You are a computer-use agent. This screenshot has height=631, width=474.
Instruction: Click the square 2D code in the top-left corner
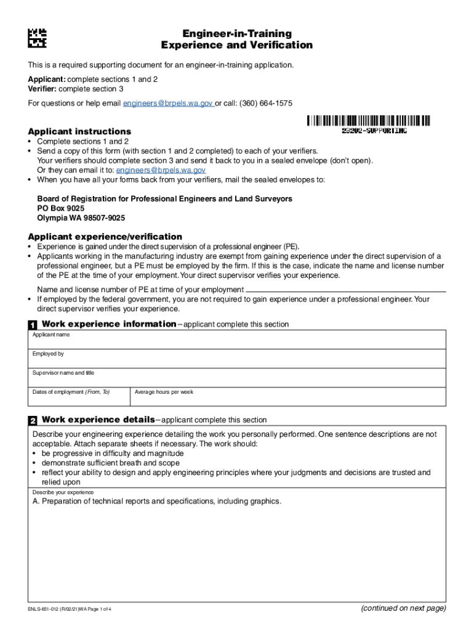37,38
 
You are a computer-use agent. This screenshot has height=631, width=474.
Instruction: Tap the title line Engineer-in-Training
237,34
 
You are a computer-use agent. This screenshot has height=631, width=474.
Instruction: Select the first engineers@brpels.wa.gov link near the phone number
168,104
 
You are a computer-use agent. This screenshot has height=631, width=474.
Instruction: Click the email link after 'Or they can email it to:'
161,170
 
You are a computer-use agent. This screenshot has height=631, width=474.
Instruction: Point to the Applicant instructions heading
79,131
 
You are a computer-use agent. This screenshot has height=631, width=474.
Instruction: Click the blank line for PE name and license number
345,289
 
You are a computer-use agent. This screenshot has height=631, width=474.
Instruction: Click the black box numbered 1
32,325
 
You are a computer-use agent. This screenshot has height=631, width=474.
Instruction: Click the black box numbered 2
32,420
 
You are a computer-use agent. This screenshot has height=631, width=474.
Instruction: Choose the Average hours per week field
287,397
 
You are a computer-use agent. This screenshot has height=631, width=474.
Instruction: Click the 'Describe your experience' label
63,492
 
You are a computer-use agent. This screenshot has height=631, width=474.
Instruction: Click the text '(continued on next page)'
403,608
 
